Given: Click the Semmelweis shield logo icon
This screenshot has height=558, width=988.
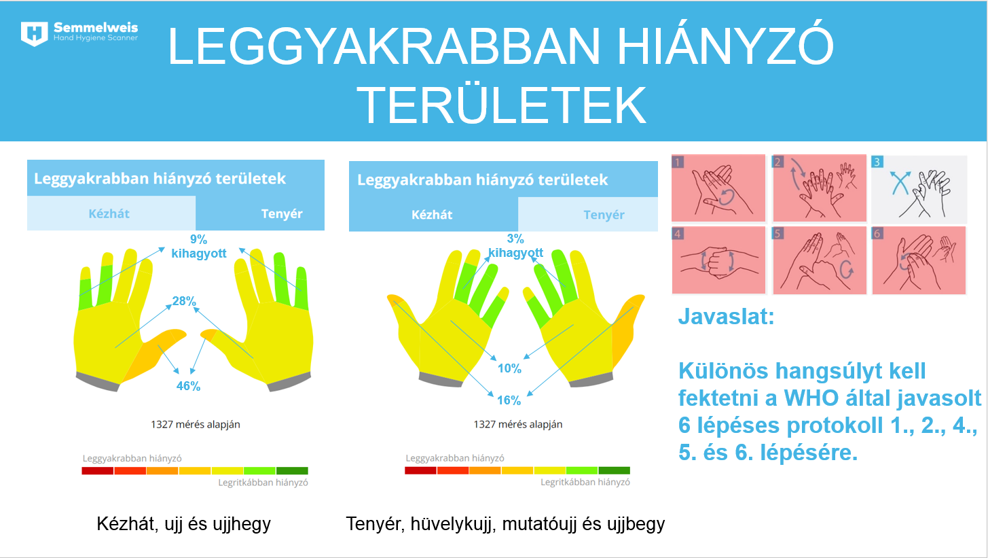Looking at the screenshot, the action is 35,33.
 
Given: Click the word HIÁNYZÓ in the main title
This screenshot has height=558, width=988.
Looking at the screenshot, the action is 726,46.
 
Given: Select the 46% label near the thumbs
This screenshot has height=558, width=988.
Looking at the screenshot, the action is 188,386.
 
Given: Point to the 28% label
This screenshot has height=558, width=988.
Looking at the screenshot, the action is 184,301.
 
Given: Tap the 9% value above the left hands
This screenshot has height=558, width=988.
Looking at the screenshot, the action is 198,239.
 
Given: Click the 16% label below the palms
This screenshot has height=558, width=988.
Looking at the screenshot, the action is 509,400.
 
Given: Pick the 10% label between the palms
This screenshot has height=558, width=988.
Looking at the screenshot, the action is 509,368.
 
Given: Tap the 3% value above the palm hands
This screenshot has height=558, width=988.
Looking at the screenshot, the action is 515,239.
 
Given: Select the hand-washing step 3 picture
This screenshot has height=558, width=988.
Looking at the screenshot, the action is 919,188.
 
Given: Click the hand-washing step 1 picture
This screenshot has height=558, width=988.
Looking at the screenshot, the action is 718,188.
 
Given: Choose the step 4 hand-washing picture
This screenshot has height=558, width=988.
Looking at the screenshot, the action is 718,260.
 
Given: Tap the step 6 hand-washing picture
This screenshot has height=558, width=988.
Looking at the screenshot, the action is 919,260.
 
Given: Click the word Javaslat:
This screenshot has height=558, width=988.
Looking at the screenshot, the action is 727,317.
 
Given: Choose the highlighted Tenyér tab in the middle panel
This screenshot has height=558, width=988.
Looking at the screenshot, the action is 588,215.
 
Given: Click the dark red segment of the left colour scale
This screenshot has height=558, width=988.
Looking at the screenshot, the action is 98,470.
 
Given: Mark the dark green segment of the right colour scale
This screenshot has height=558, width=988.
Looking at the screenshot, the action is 615,470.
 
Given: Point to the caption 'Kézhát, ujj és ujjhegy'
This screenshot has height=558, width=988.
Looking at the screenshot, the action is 183,524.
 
